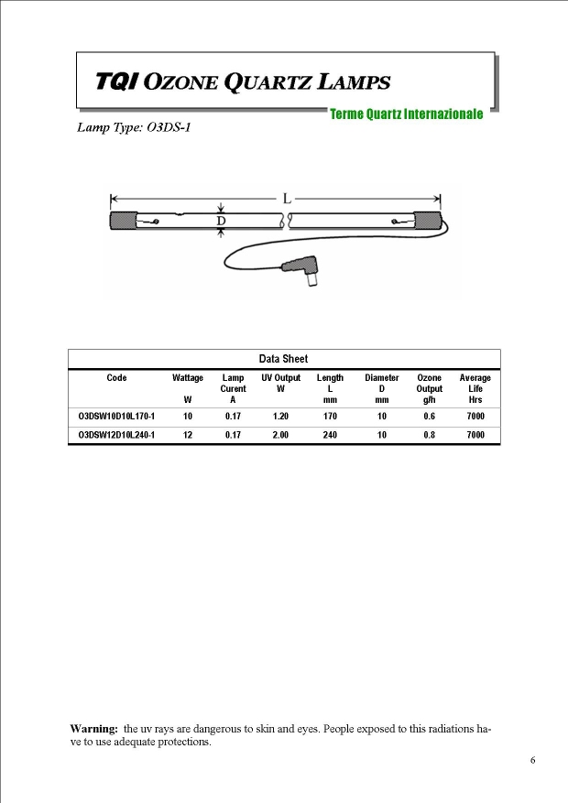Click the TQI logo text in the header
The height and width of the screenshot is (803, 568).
(x=118, y=82)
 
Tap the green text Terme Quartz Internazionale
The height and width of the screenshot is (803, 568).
(x=406, y=114)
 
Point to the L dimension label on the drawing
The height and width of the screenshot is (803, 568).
(x=287, y=197)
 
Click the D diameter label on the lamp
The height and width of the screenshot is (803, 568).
(x=221, y=221)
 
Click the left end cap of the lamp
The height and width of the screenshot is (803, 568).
(x=123, y=221)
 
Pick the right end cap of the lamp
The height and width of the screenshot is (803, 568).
(x=428, y=221)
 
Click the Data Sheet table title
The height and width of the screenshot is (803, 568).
(x=283, y=359)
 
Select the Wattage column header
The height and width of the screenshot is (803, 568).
(x=188, y=378)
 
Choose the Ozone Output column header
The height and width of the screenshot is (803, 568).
(x=429, y=384)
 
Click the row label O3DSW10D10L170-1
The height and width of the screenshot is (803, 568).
(x=116, y=417)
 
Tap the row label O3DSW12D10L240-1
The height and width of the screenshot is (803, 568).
(x=116, y=435)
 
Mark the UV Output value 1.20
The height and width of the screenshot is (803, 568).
(x=280, y=417)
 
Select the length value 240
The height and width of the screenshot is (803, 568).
(x=330, y=435)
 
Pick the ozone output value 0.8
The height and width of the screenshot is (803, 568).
(x=429, y=435)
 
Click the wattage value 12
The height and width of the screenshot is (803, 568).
(x=188, y=435)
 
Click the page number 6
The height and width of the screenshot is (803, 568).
(x=532, y=760)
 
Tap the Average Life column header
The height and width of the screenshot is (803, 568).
(x=475, y=384)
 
